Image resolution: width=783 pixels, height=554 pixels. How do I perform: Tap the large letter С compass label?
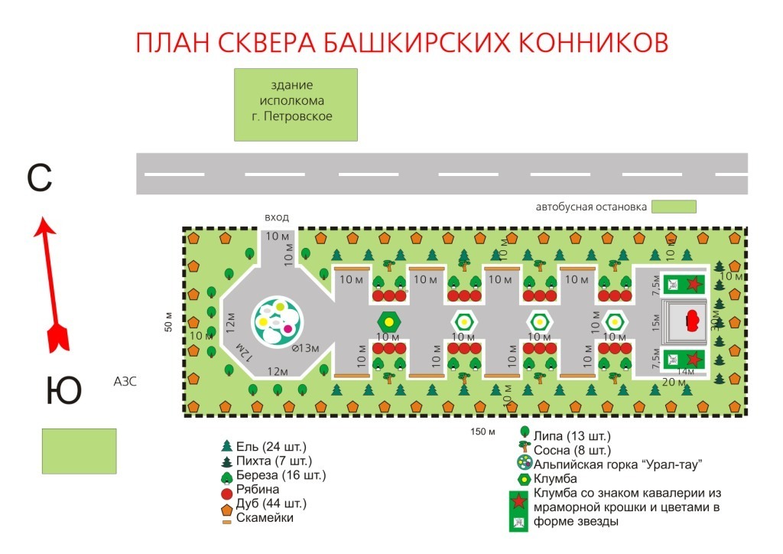coord(39,178)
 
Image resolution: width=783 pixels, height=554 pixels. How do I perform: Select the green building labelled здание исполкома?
coord(296,104)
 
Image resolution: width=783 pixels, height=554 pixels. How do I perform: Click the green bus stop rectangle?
coord(674,206)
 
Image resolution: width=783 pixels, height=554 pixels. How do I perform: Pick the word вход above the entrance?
coord(276,218)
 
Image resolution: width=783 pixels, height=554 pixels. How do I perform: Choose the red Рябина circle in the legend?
coord(226,489)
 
